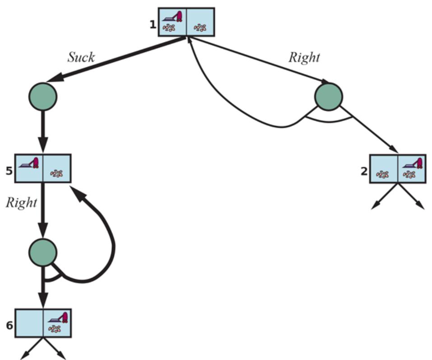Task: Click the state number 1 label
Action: pos(153,23)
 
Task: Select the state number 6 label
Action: pos(9,324)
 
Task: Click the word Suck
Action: pos(81,57)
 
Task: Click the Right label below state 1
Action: pos(304,57)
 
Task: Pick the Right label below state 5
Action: pos(21,202)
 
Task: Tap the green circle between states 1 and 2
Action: pos(329,96)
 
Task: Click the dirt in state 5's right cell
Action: pos(56,173)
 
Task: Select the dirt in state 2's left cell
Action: pos(383,174)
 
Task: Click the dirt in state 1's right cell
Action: pos(200,28)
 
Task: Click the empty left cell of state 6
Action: pos(29,323)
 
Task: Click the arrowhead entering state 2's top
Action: pos(394,150)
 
